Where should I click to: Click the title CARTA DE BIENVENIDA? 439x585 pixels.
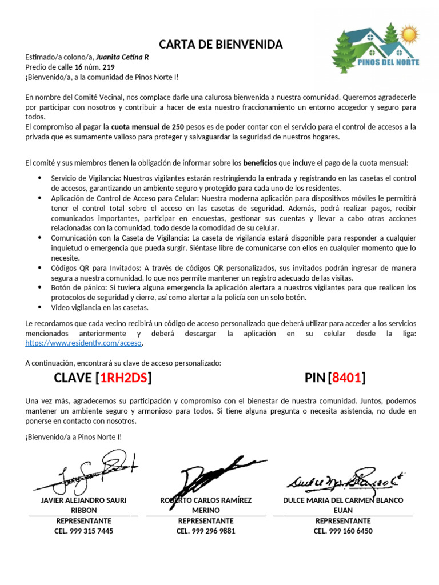[220, 45]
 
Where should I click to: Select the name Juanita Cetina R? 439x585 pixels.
[122, 57]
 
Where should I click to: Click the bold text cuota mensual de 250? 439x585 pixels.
[147, 126]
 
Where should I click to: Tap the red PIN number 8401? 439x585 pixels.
[348, 378]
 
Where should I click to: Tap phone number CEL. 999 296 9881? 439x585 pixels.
[206, 531]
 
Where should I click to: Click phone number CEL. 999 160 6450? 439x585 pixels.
[343, 531]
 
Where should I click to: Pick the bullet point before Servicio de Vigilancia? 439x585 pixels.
[39, 178]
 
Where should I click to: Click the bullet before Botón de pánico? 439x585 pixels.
[39, 287]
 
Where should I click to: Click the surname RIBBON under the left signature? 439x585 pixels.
[83, 510]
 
